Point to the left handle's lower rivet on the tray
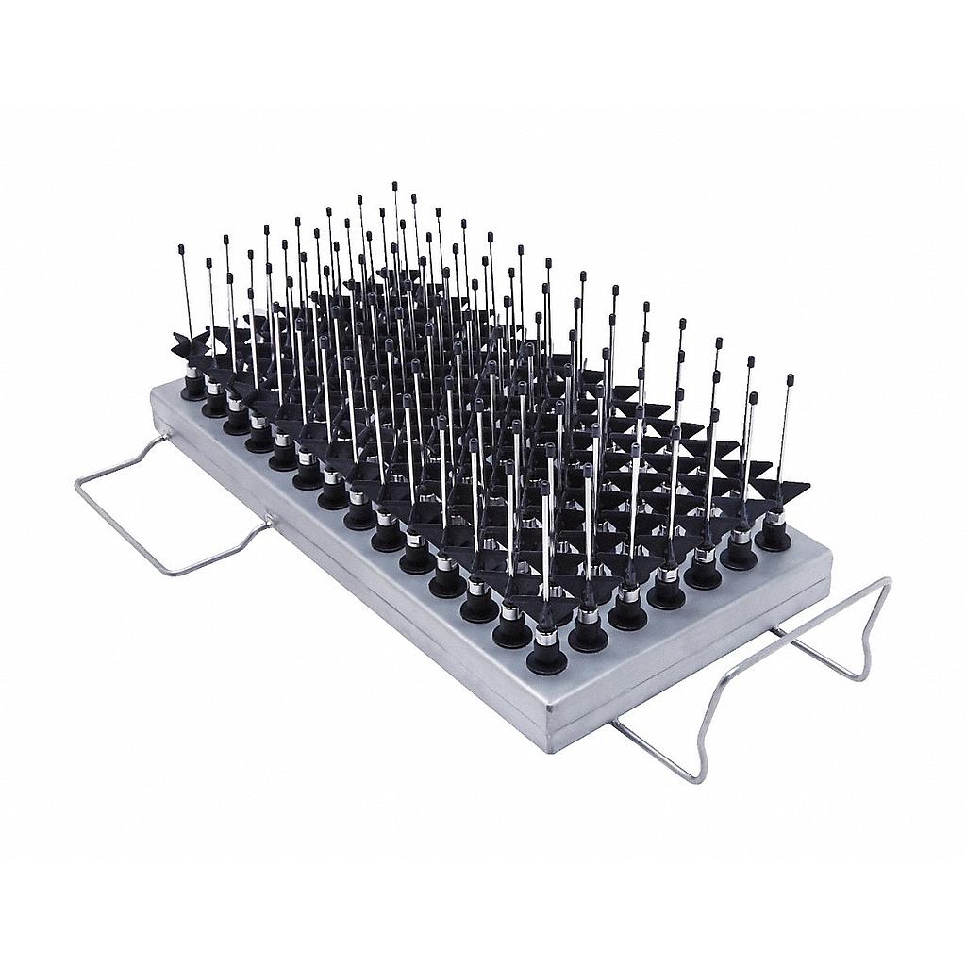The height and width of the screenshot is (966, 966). pos(270,518)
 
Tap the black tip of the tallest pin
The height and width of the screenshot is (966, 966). pos(394,186)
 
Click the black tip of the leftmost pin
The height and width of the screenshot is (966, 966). pos(181,248)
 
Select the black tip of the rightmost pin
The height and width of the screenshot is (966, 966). pos(790,378)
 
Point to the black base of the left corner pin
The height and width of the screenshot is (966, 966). pos(193,389)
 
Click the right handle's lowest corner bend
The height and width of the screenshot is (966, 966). pos(698,781)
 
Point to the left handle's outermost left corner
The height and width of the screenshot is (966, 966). pos(76,483)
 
